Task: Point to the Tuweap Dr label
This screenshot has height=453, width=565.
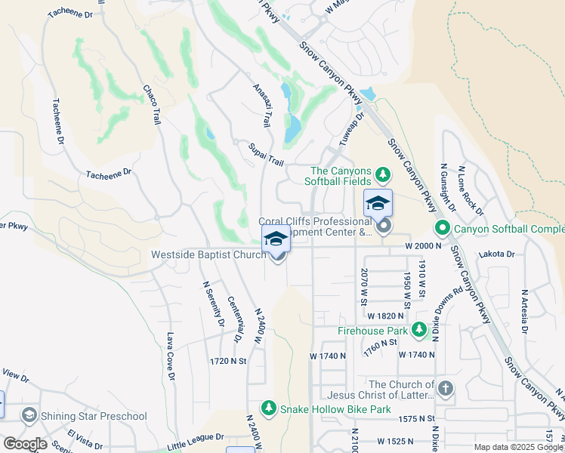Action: (x=355, y=126)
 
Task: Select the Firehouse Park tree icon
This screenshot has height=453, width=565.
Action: (x=418, y=330)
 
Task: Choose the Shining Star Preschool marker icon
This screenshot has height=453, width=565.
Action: (x=29, y=415)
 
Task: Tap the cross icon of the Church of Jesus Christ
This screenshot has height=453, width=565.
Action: (x=446, y=389)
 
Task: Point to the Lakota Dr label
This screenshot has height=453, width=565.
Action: (x=499, y=255)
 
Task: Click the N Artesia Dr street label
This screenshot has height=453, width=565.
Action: (x=524, y=310)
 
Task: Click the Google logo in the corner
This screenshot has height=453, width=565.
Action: (x=25, y=444)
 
